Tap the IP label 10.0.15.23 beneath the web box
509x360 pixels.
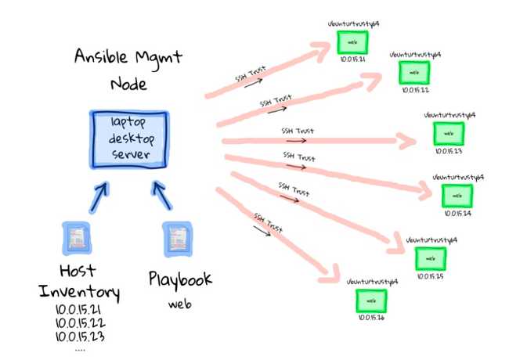coord(449,152)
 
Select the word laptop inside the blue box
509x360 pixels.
coord(128,124)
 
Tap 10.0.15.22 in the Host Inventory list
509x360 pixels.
coord(80,324)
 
